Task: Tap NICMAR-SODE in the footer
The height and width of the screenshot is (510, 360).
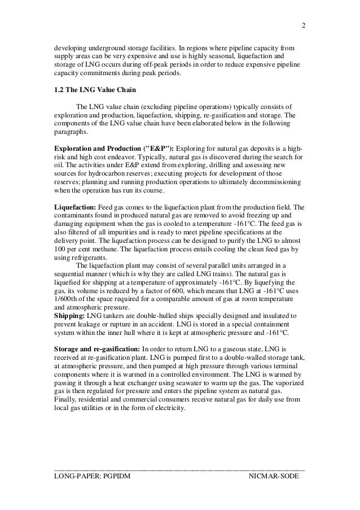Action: click(x=274, y=478)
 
